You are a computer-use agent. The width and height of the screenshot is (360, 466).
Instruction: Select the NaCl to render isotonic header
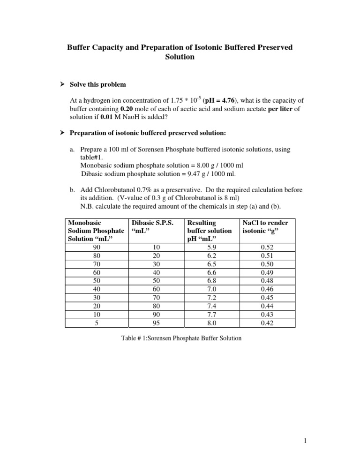coord(265,227)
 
